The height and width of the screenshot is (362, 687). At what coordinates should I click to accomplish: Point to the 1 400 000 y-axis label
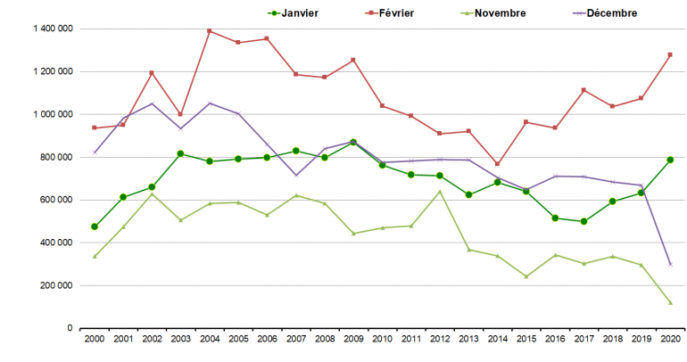point(52,29)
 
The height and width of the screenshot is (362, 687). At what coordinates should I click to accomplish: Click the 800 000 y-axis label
point(55,157)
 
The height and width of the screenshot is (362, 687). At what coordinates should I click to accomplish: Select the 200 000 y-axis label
point(55,285)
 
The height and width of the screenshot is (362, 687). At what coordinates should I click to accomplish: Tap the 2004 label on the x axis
point(209,340)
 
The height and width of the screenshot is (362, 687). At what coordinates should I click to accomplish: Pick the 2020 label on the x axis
point(670,340)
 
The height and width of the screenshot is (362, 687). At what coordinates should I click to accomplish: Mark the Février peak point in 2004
point(209,31)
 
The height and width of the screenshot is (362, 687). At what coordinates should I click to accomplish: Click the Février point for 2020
point(670,54)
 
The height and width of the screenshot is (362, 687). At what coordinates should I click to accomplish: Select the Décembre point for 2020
point(670,264)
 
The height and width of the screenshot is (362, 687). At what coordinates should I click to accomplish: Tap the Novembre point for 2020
point(670,303)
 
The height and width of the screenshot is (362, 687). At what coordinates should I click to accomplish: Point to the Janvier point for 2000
point(94,226)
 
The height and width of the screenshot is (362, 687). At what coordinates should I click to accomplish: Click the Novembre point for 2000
point(94,256)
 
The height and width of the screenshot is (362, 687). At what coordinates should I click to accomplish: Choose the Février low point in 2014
point(497,164)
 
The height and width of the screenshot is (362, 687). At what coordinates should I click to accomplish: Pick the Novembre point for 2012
point(439,192)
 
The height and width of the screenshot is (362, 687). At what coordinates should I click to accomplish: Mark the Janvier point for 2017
point(584,221)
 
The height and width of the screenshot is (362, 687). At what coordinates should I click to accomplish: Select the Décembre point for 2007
point(295,175)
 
